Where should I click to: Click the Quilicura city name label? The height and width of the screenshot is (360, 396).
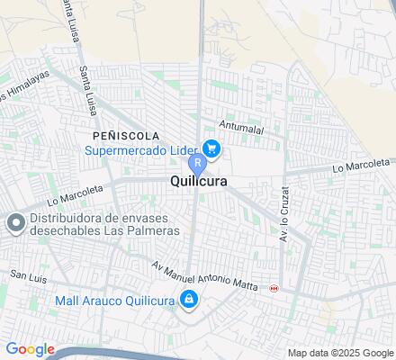point(197,181)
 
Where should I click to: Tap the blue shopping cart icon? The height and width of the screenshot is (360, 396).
point(211,148)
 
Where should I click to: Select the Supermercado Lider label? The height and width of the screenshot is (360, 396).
point(142,149)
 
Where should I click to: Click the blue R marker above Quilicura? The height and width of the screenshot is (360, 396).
point(196,164)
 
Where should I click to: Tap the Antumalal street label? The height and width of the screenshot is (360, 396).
point(238,126)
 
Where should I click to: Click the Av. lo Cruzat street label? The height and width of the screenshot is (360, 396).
point(283,220)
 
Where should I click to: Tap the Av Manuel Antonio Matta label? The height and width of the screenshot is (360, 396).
point(205,277)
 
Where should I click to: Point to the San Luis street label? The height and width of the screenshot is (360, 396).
point(26,272)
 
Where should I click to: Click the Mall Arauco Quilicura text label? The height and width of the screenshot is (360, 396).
point(113,300)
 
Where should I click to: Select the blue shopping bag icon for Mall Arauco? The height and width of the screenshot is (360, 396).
point(188,300)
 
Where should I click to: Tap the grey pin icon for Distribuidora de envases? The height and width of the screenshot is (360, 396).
point(14,222)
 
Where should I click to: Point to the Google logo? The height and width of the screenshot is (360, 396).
point(30,349)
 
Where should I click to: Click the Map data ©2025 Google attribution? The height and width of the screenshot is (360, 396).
point(341,352)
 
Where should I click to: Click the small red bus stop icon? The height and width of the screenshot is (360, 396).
point(274,288)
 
